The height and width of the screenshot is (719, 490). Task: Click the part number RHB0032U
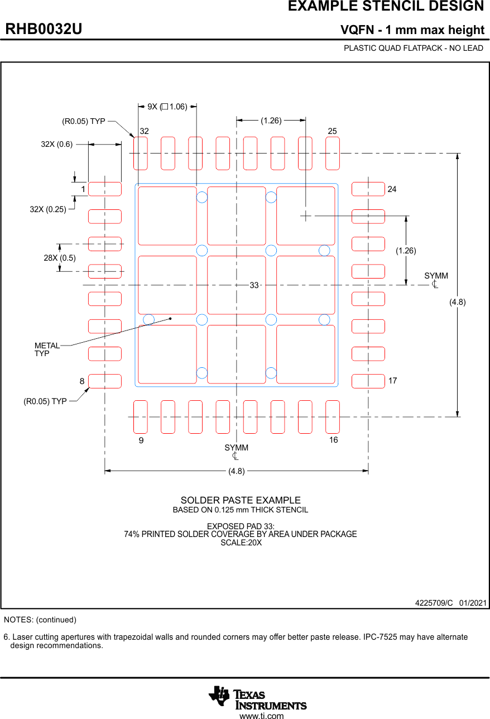[44, 29]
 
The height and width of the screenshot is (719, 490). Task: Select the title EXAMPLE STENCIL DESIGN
[386, 7]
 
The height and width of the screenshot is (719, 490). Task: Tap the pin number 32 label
[145, 131]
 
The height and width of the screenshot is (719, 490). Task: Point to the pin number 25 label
[333, 131]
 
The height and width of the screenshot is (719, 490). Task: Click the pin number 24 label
[392, 190]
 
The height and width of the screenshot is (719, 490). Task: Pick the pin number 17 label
[393, 381]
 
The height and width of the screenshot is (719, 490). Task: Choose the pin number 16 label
[334, 440]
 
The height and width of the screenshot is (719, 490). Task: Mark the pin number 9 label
[142, 440]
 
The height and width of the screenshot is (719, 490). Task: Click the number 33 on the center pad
[254, 285]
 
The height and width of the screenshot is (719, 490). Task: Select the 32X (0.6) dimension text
[57, 144]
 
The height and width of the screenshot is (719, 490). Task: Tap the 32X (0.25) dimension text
[48, 209]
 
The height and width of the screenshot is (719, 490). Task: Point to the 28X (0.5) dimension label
[60, 258]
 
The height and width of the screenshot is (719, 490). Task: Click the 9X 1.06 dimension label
[167, 107]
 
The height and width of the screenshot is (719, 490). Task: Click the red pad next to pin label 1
[105, 189]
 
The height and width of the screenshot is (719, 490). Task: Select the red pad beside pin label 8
[105, 381]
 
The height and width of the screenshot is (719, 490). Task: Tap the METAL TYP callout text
[47, 349]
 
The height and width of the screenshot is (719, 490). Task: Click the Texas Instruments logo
[258, 697]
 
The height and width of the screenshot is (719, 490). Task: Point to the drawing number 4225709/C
[434, 603]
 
